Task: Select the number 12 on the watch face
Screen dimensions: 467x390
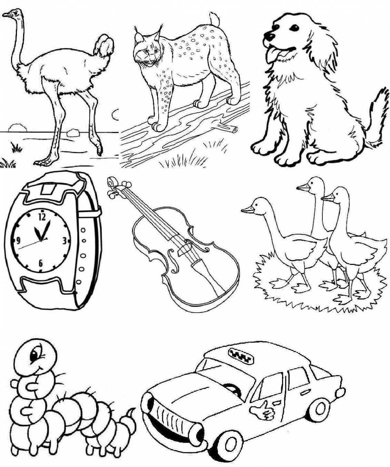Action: [x=42, y=216]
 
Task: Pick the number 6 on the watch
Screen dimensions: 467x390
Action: [x=41, y=263]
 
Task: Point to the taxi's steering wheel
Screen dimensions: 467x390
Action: [x=232, y=388]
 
